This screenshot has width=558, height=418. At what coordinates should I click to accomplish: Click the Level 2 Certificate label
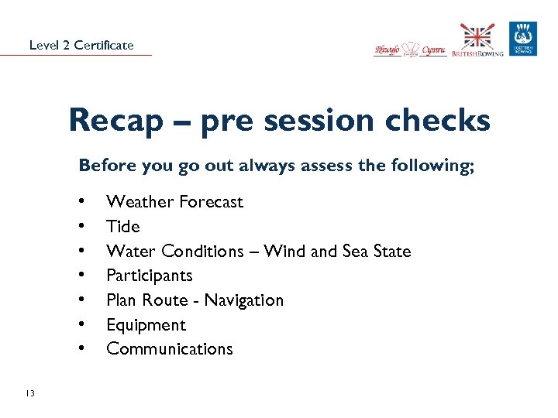81,45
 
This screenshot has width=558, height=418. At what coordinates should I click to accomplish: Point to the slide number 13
29,394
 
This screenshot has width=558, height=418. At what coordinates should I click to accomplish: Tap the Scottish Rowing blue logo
523,39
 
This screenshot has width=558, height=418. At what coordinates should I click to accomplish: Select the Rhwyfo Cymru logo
410,49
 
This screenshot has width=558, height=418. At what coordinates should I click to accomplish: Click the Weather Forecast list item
174,202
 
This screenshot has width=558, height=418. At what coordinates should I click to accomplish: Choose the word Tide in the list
123,227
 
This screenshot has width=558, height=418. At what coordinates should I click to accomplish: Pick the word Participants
150,276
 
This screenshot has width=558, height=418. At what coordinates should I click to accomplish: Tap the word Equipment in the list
146,325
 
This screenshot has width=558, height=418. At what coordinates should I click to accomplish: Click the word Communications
170,349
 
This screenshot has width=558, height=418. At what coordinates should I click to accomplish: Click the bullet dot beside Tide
82,227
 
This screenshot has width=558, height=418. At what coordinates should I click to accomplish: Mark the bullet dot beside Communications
82,349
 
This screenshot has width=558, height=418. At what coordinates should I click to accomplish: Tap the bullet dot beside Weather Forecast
82,202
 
